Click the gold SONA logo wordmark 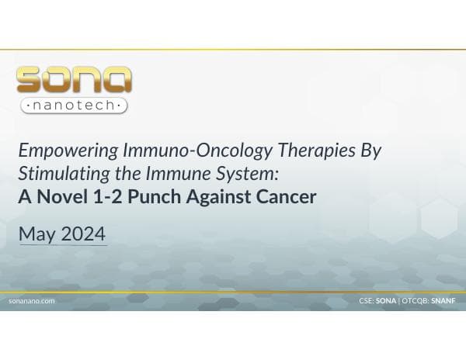point(74,80)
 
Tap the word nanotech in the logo point(75,105)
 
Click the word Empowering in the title point(59,151)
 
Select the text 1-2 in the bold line point(106,196)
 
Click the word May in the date point(36,234)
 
